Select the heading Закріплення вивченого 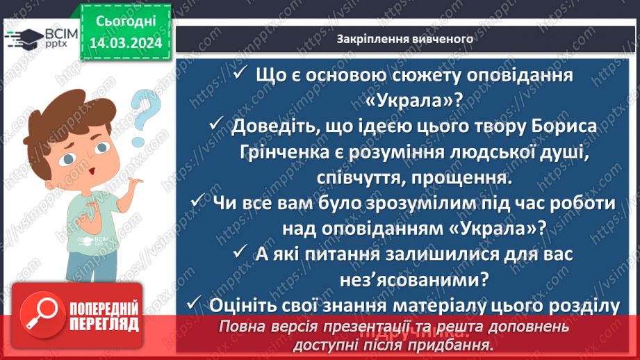(x=405, y=39)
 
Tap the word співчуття (x=354, y=179)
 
